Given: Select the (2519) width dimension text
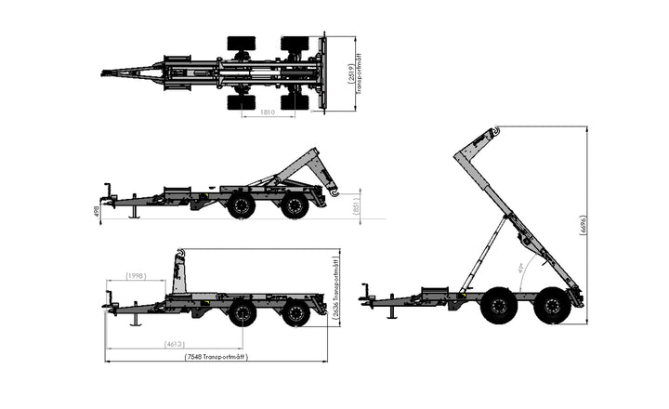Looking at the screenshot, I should (x=348, y=74).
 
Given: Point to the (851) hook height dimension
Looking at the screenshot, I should (x=357, y=204).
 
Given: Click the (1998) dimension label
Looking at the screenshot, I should (x=137, y=276).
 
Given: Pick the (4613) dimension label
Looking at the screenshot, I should (x=174, y=344).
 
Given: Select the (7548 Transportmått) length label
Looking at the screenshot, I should (x=216, y=357).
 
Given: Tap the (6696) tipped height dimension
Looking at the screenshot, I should (x=583, y=228).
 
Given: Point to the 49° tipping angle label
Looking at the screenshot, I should (x=508, y=270).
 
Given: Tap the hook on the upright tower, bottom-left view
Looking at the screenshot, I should (x=180, y=254).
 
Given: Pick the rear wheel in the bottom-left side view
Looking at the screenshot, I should (x=295, y=312).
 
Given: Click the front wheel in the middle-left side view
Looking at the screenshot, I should (x=242, y=205).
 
